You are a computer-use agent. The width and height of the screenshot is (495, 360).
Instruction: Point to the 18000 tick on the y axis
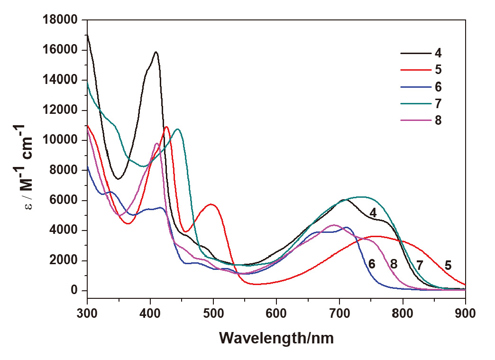click(62, 20)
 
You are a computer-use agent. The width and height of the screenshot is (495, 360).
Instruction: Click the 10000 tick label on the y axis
click(62, 140)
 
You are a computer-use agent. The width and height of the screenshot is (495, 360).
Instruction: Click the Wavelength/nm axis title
click(276, 338)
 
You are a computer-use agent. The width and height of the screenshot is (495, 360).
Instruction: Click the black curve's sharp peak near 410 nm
click(156, 52)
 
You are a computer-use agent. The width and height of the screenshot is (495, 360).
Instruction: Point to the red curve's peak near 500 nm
click(211, 204)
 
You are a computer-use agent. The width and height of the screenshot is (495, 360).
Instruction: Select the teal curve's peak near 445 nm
click(178, 129)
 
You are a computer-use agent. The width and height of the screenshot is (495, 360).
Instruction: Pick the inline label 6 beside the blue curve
click(372, 264)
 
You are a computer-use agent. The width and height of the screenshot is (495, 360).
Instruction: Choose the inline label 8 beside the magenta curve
click(394, 264)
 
